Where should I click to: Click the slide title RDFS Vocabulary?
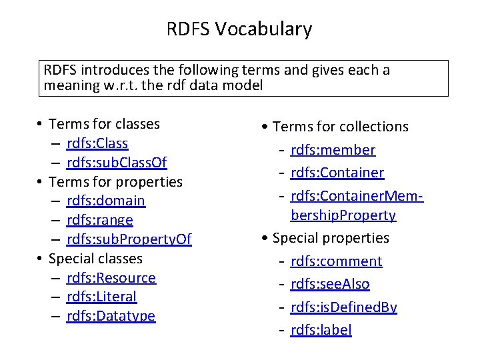tap(239, 29)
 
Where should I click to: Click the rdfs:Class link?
tap(97, 143)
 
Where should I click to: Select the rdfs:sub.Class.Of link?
tap(117, 163)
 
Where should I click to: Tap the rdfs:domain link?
tap(106, 201)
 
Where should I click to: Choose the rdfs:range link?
tap(100, 220)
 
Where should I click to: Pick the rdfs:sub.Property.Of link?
tap(129, 239)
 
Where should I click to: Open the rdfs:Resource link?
tap(111, 277)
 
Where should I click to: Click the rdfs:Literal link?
tap(101, 297)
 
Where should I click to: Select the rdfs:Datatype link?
tap(111, 316)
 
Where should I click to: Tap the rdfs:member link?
tap(333, 150)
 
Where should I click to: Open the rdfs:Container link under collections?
tap(337, 173)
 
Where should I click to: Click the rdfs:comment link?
tap(337, 261)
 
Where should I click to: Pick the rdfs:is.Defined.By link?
tap(344, 307)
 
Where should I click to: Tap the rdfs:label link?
tap(321, 329)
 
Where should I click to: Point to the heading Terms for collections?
tap(341, 127)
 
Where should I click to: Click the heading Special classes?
tap(96, 258)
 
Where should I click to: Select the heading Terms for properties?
tap(116, 181)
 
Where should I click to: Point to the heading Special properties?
tap(331, 238)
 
